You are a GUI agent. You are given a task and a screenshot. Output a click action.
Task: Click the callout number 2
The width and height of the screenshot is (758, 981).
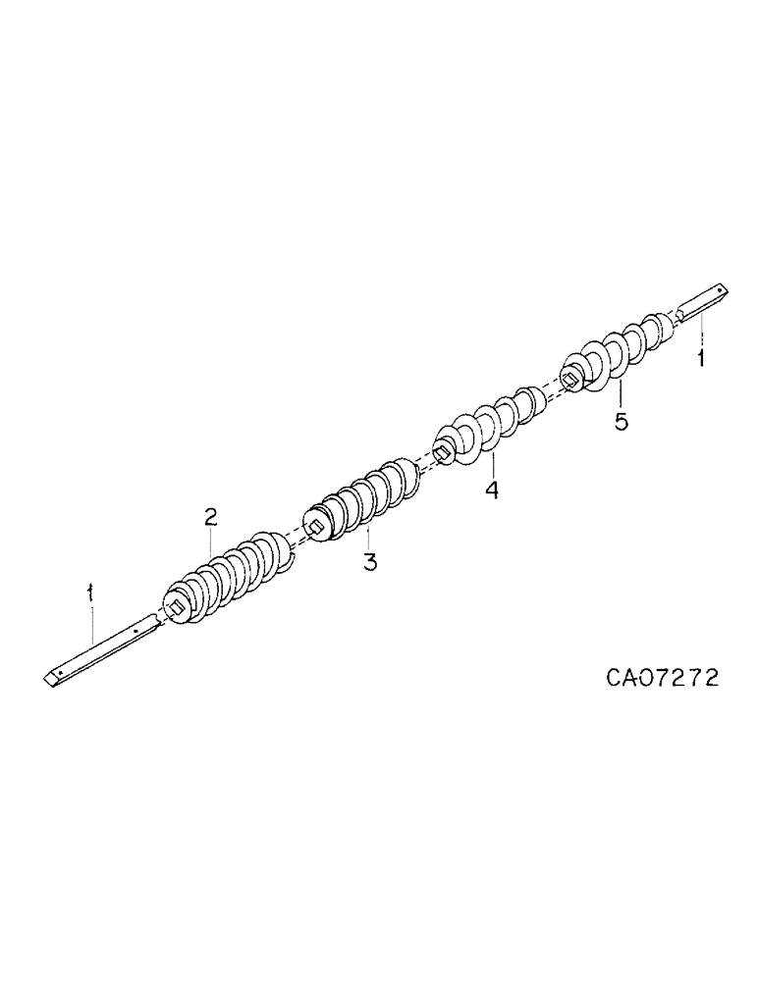[210, 517]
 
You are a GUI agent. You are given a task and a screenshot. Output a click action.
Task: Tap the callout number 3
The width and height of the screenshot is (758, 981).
[369, 562]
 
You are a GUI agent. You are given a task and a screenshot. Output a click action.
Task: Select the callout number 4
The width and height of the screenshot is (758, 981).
[490, 488]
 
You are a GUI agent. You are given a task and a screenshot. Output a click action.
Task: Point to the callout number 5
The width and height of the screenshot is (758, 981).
[621, 421]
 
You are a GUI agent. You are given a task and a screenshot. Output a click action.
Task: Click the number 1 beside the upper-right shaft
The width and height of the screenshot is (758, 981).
[700, 358]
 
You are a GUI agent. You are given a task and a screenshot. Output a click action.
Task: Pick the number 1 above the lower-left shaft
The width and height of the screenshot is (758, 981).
[90, 593]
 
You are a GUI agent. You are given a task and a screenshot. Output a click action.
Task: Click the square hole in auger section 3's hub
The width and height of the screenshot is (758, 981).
[317, 528]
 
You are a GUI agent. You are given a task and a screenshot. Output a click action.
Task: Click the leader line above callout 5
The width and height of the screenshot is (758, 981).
[620, 394]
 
